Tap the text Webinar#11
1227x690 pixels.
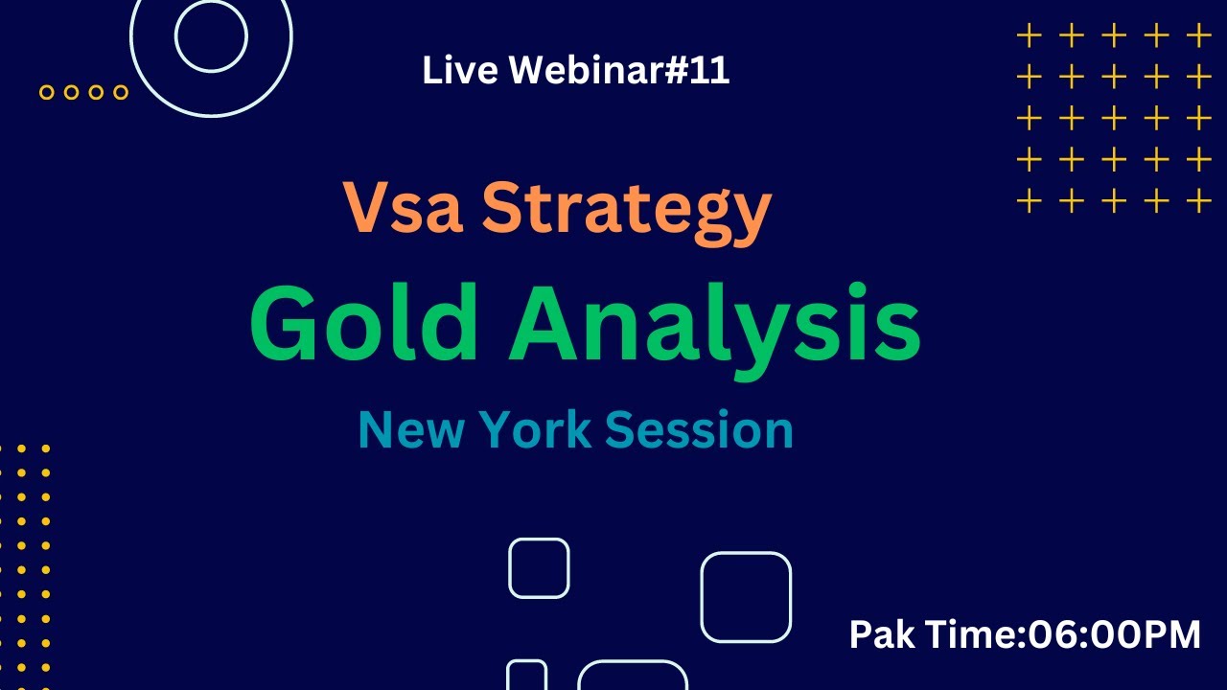pyautogui.click(x=619, y=70)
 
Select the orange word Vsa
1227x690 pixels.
pyautogui.click(x=405, y=209)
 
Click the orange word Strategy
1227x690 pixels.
pyautogui.click(x=626, y=213)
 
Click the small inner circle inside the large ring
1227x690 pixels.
pyautogui.click(x=211, y=35)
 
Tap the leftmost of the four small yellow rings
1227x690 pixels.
pyautogui.click(x=46, y=92)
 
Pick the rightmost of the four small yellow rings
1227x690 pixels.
pyautogui.click(x=121, y=92)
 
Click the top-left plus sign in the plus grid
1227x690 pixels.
pyautogui.click(x=1029, y=36)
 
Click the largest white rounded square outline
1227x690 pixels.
pyautogui.click(x=746, y=597)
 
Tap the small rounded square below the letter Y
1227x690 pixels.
pyautogui.click(x=539, y=568)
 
